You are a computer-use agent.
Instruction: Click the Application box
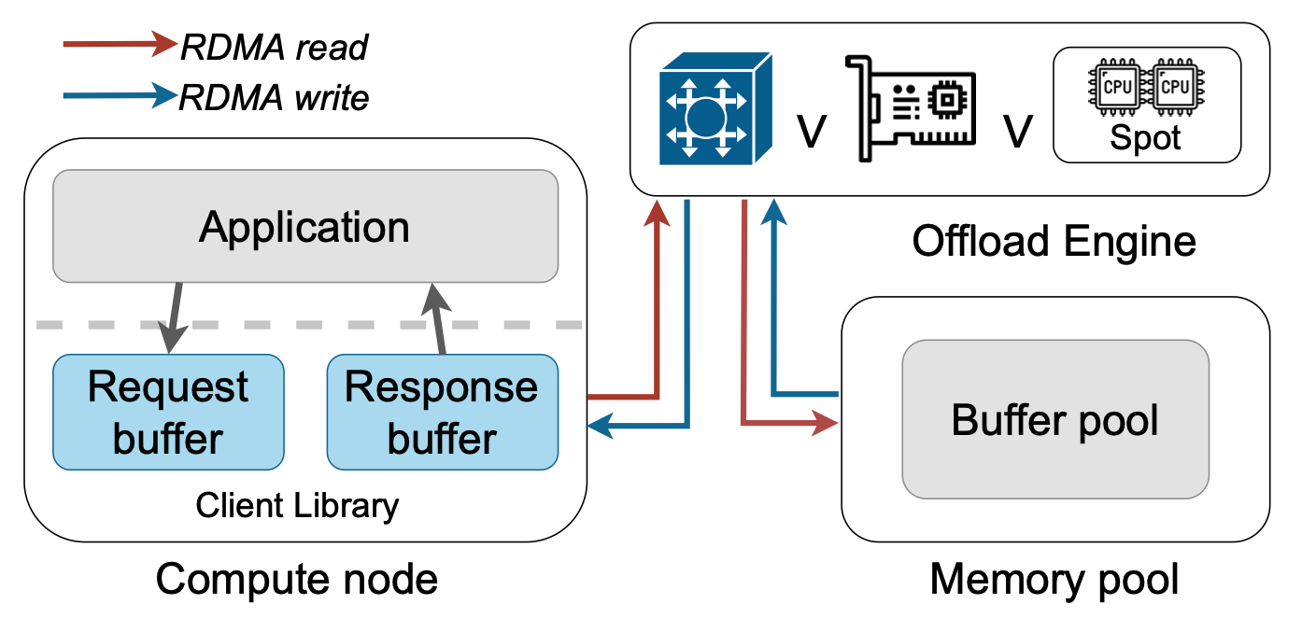click(x=304, y=227)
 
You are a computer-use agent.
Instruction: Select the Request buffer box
click(x=168, y=412)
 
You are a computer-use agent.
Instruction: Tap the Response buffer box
click(x=442, y=412)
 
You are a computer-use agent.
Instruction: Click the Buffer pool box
click(x=1054, y=420)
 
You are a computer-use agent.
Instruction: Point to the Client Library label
click(x=297, y=506)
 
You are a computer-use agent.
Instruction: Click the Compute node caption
click(x=297, y=579)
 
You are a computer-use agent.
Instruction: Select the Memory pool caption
click(x=1054, y=579)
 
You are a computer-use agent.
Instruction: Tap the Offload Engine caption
click(x=1054, y=242)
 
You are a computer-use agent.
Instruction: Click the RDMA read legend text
click(x=275, y=47)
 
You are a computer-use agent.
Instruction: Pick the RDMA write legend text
click(x=275, y=96)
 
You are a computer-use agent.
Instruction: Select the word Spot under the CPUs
click(x=1145, y=138)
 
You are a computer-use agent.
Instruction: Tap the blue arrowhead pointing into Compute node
click(x=599, y=427)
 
